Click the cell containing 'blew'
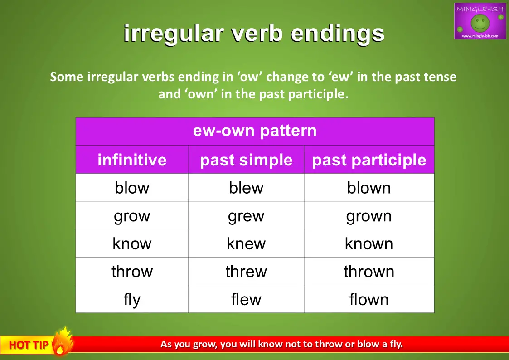click(x=246, y=187)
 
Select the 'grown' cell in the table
click(x=369, y=215)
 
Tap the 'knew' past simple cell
click(x=246, y=243)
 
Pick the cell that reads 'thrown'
click(x=369, y=271)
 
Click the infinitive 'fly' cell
click(x=132, y=299)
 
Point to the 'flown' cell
click(x=369, y=299)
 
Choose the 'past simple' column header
click(x=246, y=160)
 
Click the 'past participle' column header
click(x=369, y=160)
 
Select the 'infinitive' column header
click(x=132, y=160)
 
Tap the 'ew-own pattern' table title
click(x=255, y=131)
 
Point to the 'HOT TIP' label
click(x=29, y=345)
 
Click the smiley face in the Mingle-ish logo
click(x=480, y=23)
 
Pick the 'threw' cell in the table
click(x=246, y=271)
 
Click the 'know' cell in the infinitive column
click(x=132, y=243)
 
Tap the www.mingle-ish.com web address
click(x=480, y=36)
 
